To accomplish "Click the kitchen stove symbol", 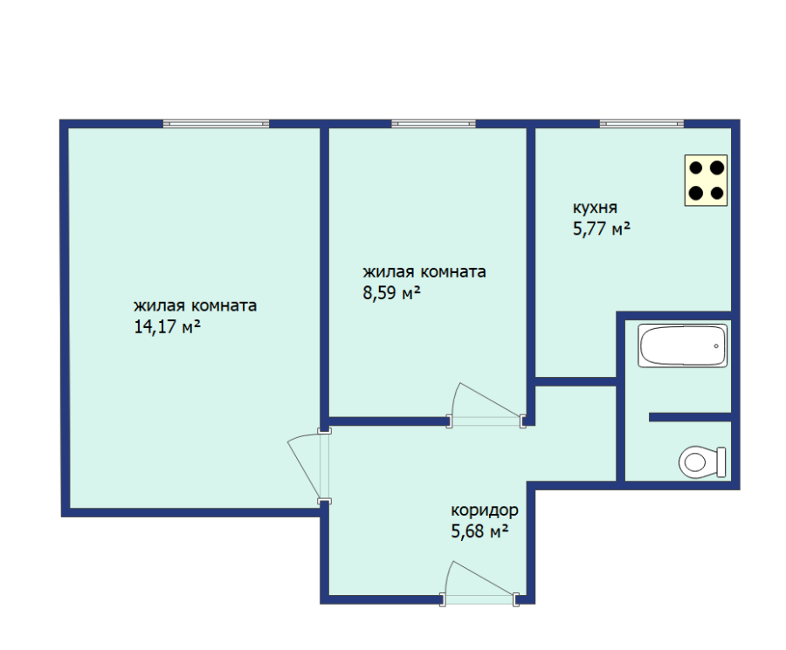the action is tap(706, 181).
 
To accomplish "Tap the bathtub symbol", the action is tap(682, 346).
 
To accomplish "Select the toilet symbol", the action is tap(702, 462).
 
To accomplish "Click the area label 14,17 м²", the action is tap(168, 327).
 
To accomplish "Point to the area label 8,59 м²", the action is tap(391, 293).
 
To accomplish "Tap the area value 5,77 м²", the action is tap(602, 229).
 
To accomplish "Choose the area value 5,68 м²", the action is tap(479, 530).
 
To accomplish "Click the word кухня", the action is tap(595, 208).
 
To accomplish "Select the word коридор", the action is tap(485, 510).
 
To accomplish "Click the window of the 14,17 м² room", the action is tap(216, 124).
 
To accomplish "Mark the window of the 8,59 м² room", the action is tap(433, 124).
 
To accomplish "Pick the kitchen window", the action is tap(642, 124).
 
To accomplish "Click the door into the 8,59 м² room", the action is tap(486, 406).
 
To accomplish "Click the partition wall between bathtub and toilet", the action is tap(690, 417).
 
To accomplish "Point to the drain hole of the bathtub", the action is tap(716, 346).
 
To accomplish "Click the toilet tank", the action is tap(721, 462).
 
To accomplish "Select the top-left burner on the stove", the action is tap(696, 168).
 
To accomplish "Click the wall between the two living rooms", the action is tap(324, 277).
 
